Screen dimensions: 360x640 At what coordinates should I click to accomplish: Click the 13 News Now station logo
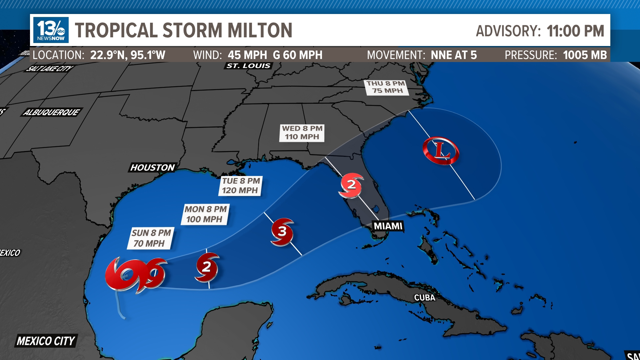click(51, 30)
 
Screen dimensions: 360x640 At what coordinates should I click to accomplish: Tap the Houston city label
click(152, 167)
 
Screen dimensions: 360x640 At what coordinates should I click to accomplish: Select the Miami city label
click(388, 226)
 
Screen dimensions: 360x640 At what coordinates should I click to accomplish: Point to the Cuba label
click(424, 298)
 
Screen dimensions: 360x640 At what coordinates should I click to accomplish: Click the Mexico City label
click(46, 341)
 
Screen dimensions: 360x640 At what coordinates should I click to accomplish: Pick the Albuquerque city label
click(51, 112)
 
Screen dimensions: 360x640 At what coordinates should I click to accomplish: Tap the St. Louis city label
click(248, 66)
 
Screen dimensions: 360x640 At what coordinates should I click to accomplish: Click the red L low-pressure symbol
click(441, 151)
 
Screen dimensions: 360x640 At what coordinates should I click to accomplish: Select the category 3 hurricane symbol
click(282, 231)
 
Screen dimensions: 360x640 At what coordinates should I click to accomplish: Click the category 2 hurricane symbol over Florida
click(351, 185)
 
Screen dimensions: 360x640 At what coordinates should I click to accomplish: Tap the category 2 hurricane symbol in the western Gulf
click(207, 267)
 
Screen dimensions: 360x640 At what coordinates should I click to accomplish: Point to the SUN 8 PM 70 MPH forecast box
click(151, 238)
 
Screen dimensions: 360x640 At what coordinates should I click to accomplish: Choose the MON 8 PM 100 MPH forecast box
click(205, 214)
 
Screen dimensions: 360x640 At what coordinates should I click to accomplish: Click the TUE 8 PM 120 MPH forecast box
click(241, 186)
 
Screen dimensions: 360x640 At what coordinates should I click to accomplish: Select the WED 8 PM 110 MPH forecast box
click(302, 133)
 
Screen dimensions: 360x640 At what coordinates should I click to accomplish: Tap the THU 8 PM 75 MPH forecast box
click(387, 87)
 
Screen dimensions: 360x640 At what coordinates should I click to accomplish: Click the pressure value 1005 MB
click(585, 55)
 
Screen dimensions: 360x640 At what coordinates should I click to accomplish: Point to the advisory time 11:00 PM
click(575, 31)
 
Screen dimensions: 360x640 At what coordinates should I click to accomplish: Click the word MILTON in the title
click(260, 30)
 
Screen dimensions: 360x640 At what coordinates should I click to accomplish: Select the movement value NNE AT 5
click(454, 55)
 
